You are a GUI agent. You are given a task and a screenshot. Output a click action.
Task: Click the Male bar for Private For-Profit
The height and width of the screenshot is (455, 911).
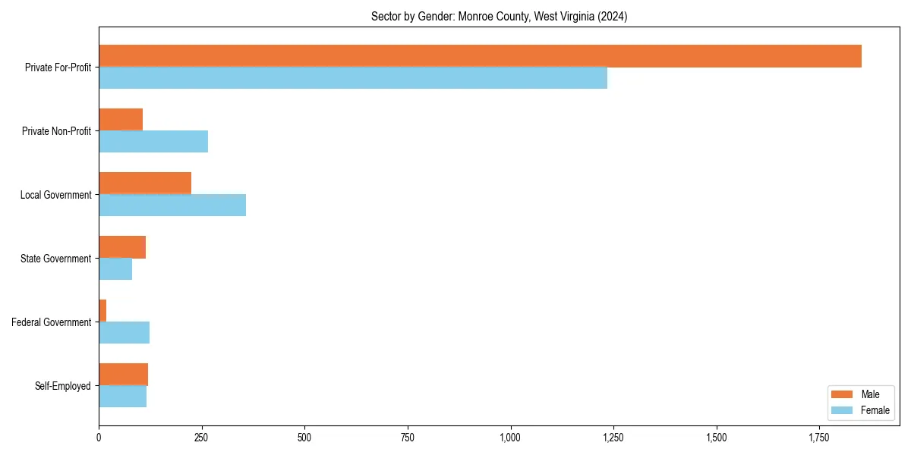click(480, 56)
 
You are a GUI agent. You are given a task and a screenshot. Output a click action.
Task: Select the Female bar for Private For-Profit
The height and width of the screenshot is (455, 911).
click(353, 78)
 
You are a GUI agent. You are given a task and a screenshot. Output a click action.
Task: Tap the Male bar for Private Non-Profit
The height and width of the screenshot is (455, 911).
click(121, 120)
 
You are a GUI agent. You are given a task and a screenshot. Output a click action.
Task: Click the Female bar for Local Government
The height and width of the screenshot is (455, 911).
click(172, 206)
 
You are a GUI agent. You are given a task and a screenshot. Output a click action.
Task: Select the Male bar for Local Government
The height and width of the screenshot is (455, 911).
click(145, 184)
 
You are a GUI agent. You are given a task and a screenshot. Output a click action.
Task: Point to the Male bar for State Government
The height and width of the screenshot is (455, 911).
click(122, 247)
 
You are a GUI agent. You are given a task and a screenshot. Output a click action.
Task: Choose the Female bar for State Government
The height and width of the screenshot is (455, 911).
click(115, 269)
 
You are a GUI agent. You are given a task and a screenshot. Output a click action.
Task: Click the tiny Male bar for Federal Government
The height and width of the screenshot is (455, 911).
click(102, 311)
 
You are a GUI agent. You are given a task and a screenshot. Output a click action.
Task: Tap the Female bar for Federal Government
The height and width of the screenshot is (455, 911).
click(124, 333)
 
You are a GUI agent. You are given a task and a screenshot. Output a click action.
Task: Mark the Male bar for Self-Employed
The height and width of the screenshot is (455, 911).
click(123, 375)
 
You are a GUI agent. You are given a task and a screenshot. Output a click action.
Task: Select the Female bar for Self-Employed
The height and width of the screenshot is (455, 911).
click(122, 397)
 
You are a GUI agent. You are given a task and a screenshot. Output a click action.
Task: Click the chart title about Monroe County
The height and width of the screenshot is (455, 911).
click(499, 16)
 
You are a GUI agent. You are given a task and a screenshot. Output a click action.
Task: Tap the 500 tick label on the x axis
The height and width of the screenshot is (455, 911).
click(304, 438)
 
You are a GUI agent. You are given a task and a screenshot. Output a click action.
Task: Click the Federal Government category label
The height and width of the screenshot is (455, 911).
click(52, 322)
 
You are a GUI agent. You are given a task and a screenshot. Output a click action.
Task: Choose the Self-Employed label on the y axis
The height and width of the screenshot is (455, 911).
click(63, 386)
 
